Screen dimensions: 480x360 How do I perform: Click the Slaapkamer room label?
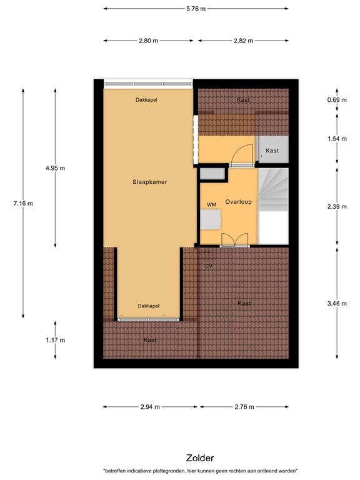150,182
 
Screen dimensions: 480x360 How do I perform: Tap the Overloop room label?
238,202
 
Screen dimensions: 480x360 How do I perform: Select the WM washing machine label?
211,204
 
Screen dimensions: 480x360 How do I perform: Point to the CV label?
209,266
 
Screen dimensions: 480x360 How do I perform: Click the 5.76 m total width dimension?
196,9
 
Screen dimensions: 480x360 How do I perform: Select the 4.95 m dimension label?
55,168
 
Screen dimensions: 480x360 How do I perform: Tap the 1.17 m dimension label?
55,340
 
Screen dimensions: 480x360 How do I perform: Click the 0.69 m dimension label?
337,100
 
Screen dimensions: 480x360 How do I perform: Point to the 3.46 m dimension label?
337,303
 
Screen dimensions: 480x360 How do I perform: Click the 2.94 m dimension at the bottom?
149,407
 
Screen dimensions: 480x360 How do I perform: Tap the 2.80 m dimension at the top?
149,41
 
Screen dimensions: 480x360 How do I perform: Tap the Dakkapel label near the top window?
146,100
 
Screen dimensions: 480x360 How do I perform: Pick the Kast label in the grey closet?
272,151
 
